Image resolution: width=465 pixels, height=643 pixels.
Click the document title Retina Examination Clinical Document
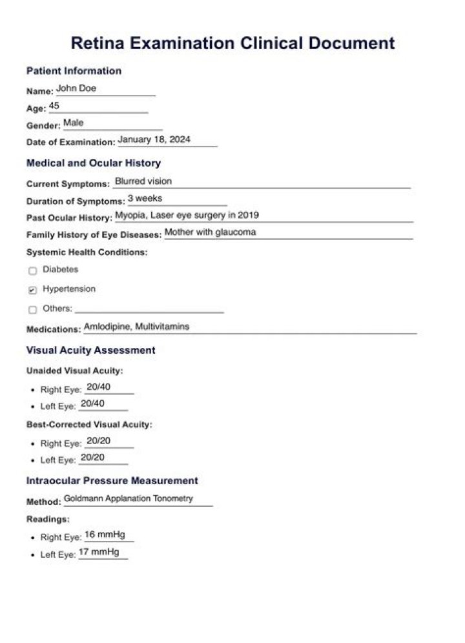tap(232, 43)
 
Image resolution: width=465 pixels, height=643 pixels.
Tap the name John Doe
tap(76, 88)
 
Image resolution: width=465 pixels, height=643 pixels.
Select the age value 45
tap(54, 106)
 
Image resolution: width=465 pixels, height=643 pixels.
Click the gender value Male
tap(74, 123)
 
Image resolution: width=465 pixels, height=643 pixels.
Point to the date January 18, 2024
tap(154, 139)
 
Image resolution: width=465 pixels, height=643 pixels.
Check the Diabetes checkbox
tap(33, 271)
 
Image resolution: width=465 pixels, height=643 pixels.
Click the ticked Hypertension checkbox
tap(33, 291)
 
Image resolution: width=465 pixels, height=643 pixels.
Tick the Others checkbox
tap(33, 310)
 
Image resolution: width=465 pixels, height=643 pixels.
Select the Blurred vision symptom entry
tap(143, 181)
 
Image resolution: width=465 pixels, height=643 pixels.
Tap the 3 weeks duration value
tap(145, 198)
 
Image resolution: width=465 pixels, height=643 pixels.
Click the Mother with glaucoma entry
tap(211, 232)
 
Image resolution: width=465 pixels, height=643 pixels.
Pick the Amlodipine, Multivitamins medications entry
tap(137, 327)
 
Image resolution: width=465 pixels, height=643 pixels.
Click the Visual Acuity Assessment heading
tap(91, 350)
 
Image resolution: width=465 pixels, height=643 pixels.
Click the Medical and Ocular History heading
tap(94, 163)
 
